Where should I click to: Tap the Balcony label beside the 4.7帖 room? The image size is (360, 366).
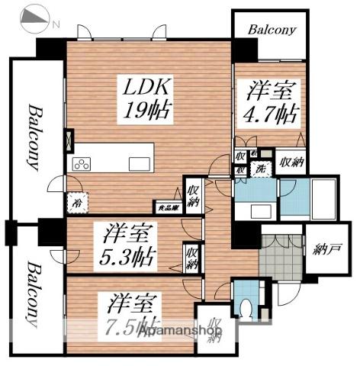[270, 30]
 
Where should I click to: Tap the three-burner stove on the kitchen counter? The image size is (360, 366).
[82, 164]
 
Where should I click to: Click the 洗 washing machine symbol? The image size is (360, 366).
[260, 168]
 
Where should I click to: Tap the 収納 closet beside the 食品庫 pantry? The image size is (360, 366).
[193, 193]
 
